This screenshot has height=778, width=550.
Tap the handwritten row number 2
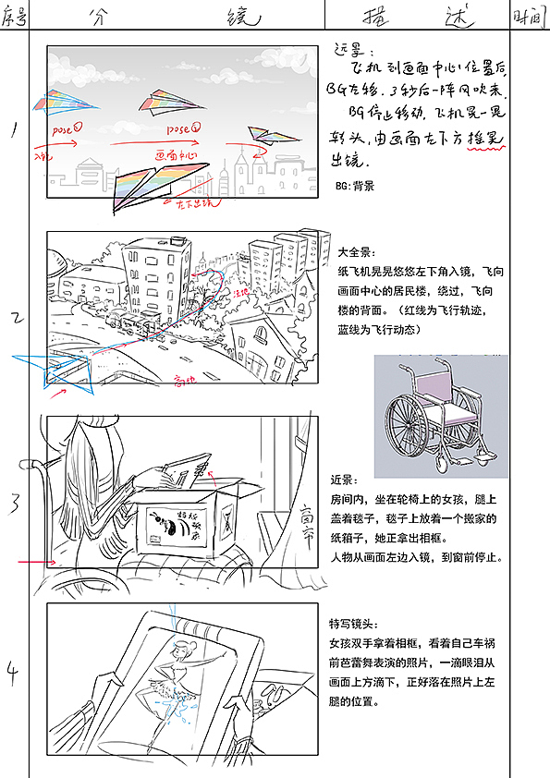click(x=16, y=319)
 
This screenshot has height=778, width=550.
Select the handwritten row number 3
click(x=16, y=504)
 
